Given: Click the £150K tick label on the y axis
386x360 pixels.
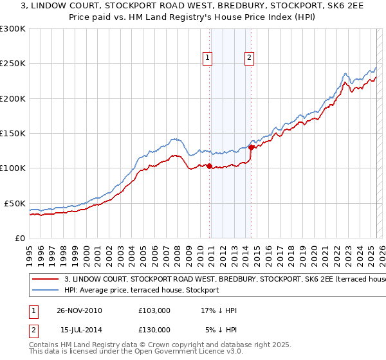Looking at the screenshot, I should click(x=13, y=134).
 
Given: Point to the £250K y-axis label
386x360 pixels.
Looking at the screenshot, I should click(x=13, y=64).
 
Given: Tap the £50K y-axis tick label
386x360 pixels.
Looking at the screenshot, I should click(x=15, y=203).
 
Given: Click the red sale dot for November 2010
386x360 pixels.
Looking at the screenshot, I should click(x=210, y=166).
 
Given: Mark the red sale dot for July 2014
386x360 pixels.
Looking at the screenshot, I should click(x=251, y=148).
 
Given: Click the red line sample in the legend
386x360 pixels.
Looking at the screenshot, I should click(x=46, y=280).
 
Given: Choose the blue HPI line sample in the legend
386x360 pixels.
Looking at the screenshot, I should click(x=46, y=290).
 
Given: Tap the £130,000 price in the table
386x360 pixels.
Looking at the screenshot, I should click(x=154, y=330).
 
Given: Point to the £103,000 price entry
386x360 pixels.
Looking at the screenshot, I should click(x=154, y=310).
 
